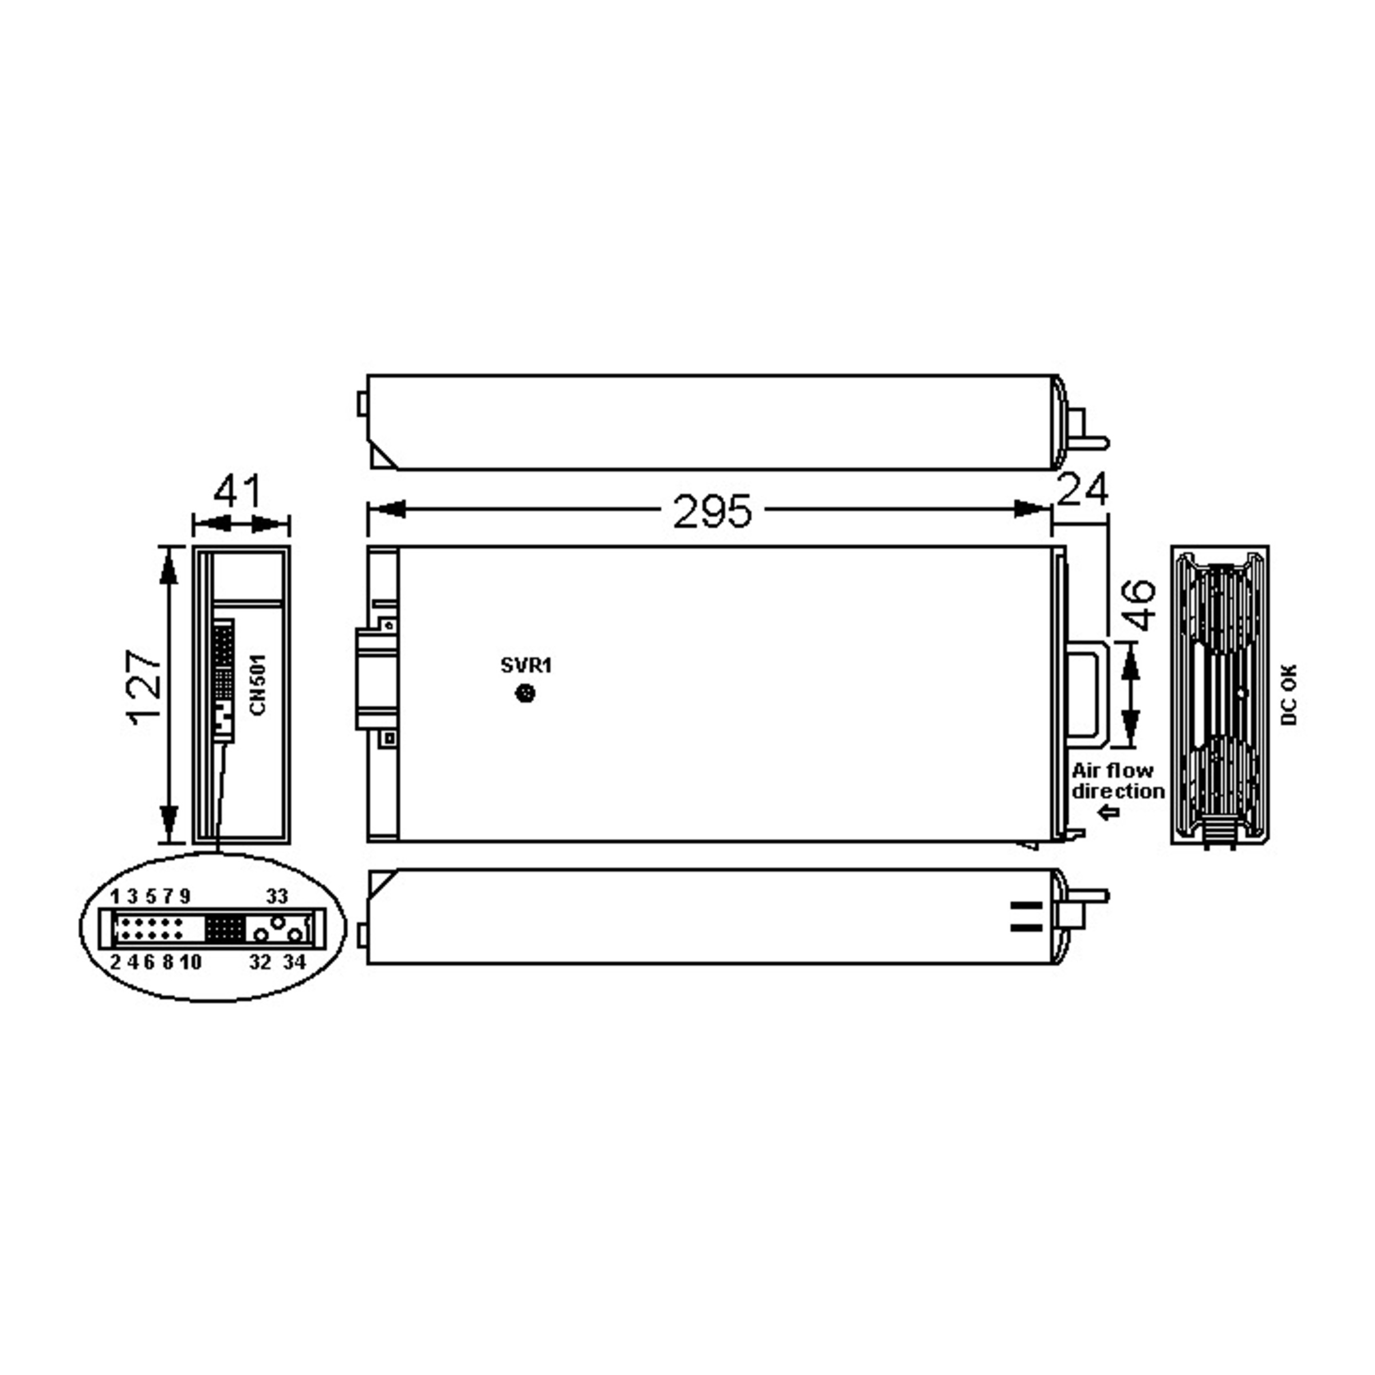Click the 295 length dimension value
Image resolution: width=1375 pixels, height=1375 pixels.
[x=712, y=512]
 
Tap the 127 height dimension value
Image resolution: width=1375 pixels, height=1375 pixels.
[x=144, y=687]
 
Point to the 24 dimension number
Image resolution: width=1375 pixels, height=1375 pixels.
[x=1082, y=490]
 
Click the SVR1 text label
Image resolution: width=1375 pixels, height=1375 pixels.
[x=526, y=665]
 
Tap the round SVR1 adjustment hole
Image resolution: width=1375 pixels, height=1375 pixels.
[x=525, y=693]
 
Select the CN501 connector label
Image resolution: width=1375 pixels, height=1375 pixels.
[x=258, y=685]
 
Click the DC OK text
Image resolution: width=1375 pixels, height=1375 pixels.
[x=1289, y=694]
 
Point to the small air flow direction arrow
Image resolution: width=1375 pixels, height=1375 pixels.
[x=1109, y=813]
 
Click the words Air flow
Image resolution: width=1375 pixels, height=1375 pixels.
[x=1113, y=771]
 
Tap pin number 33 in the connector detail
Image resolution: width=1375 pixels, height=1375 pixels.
[x=277, y=896]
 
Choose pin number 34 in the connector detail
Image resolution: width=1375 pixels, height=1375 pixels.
[x=294, y=962]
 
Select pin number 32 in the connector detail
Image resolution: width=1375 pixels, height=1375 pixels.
[x=261, y=962]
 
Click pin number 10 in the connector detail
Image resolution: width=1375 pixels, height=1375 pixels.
[x=190, y=962]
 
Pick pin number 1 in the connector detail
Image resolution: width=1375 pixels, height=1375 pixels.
[x=115, y=896]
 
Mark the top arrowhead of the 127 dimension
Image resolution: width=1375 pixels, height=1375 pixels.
[x=168, y=566]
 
